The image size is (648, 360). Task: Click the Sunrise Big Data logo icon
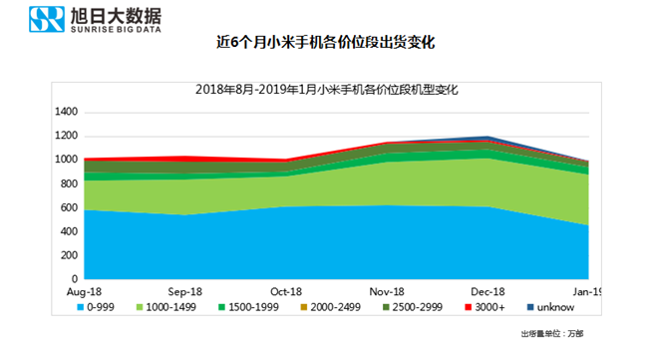44,20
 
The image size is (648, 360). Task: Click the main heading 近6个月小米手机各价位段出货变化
326,43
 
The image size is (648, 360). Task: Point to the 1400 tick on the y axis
67,113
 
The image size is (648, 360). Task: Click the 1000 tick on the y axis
67,160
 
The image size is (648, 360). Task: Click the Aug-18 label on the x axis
85,291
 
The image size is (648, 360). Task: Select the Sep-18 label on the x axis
185,291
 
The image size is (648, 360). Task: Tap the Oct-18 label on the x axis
285,291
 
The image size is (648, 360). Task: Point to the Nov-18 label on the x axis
386,291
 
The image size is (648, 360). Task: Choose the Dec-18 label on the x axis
486,291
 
